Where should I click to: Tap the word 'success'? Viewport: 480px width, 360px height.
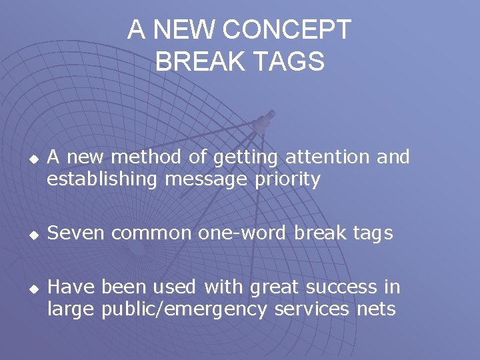(x=335, y=287)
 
